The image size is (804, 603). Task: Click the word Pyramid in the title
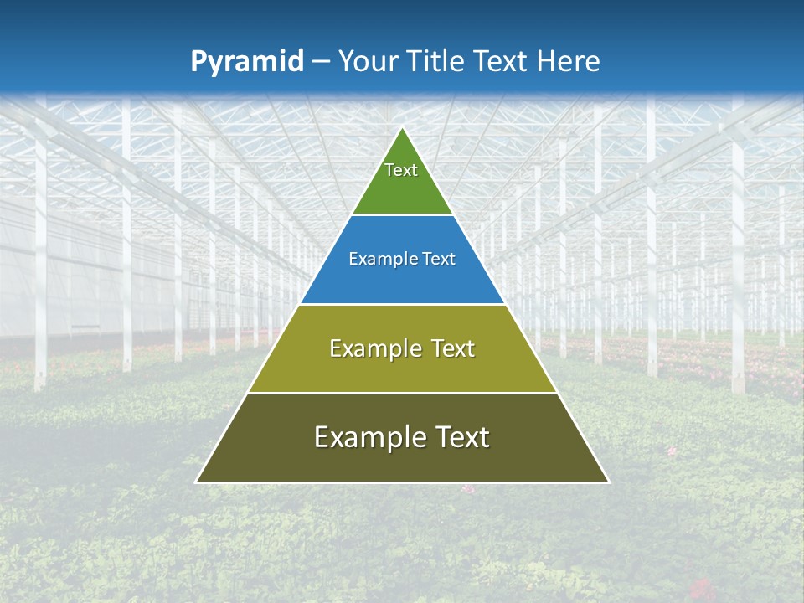(246, 62)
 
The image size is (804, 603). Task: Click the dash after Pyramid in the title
(321, 62)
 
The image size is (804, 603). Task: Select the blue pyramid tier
(402, 281)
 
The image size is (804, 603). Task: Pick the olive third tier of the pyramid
(402, 368)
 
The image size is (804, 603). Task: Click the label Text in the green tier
(401, 170)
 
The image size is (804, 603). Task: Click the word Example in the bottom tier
(365, 437)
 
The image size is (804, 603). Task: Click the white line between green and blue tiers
(402, 215)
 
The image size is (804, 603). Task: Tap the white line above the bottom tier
(402, 393)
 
